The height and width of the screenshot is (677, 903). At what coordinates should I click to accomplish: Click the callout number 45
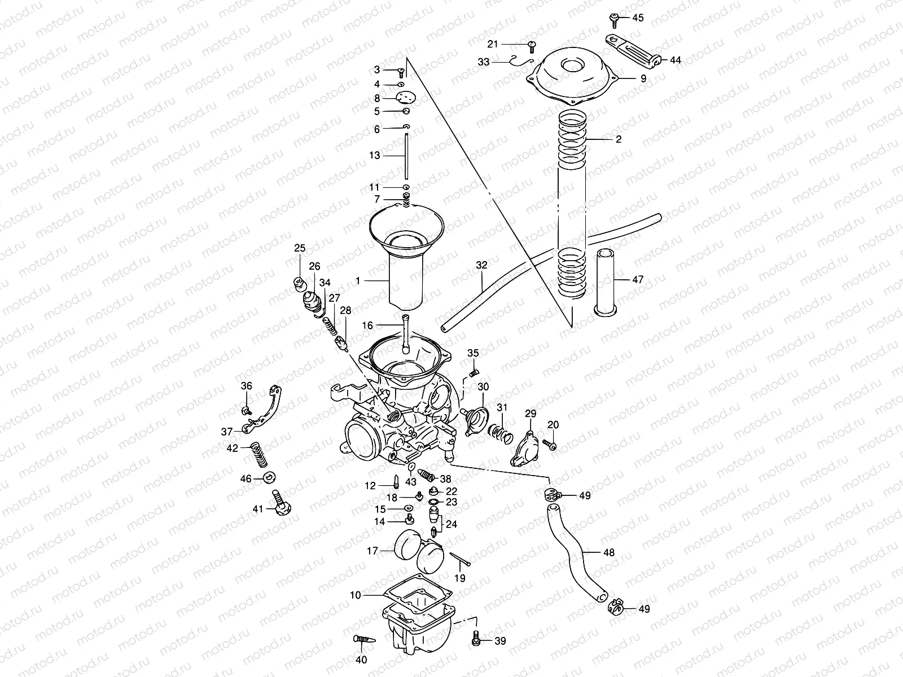coord(637,18)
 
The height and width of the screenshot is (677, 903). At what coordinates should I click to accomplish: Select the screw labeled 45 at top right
coord(615,19)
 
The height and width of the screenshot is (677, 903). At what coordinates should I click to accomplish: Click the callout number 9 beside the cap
coord(643,79)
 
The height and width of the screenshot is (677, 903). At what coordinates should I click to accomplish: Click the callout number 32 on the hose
coord(481,265)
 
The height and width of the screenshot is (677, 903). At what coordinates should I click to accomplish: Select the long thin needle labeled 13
coord(406,156)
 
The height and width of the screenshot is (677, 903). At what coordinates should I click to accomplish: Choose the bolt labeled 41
coord(279,504)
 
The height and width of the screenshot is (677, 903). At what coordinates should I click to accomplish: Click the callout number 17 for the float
coord(372,551)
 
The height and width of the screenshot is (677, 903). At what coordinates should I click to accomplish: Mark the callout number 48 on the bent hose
coord(608,553)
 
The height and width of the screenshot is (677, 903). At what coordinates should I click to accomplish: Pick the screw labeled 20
coord(550,445)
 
